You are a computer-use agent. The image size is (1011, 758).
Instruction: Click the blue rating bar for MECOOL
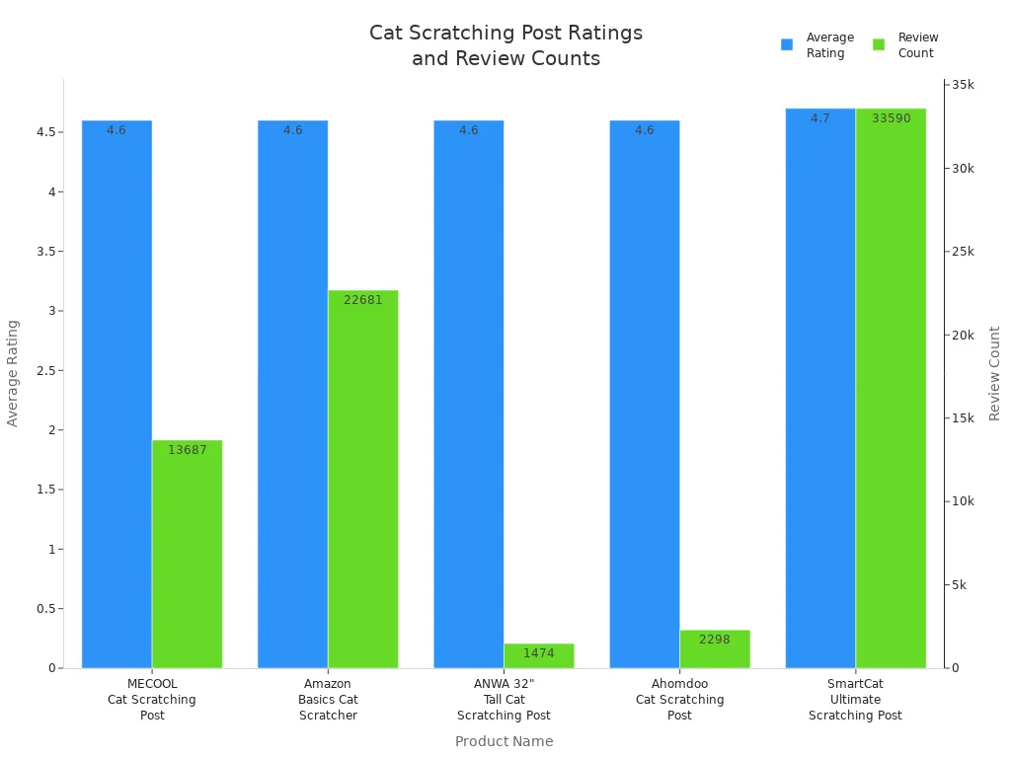[x=117, y=395]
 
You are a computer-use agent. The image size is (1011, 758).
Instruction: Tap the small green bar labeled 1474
[x=539, y=655]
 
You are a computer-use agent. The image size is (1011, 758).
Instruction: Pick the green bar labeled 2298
[x=715, y=648]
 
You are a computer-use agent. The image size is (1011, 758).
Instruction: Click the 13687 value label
[x=188, y=450]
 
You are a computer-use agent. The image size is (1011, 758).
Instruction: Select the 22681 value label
[x=363, y=300]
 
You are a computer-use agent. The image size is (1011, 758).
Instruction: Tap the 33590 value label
[x=891, y=118]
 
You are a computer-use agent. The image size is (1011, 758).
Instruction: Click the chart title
[x=505, y=45]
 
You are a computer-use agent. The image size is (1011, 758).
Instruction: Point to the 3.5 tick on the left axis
[x=42, y=252]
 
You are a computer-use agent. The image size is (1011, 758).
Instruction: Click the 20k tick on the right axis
[x=961, y=335]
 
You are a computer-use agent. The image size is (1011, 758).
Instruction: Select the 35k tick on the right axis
[x=961, y=85]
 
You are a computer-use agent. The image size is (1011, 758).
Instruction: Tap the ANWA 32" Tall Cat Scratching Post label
[x=504, y=699]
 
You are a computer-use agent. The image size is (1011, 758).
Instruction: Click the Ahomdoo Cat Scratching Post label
[x=679, y=699]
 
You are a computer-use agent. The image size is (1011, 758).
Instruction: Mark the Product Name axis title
[x=504, y=741]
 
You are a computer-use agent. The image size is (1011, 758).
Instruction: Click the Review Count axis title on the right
[x=994, y=373]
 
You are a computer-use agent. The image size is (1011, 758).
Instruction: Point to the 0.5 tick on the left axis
[x=42, y=609]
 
